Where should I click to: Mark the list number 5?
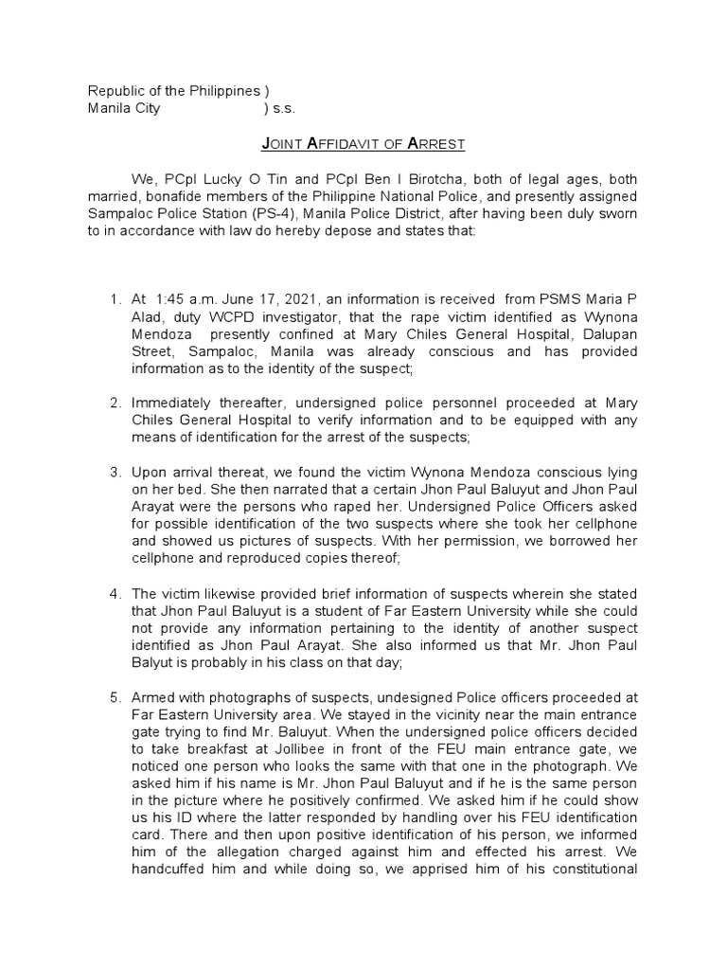coord(115,671)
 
